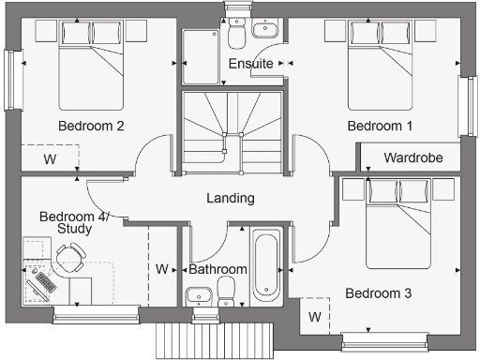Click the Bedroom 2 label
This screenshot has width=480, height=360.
pyautogui.click(x=91, y=126)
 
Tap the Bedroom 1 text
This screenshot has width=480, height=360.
pyautogui.click(x=379, y=126)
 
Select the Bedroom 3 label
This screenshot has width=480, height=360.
pyautogui.click(x=379, y=293)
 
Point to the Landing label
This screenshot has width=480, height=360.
pyautogui.click(x=231, y=198)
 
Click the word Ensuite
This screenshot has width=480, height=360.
pyautogui.click(x=251, y=64)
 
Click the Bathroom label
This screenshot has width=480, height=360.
pyautogui.click(x=217, y=270)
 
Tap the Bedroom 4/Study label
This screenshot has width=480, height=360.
pyautogui.click(x=74, y=222)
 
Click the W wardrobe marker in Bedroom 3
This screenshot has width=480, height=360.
pyautogui.click(x=315, y=316)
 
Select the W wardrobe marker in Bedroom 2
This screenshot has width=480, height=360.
pyautogui.click(x=49, y=159)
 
